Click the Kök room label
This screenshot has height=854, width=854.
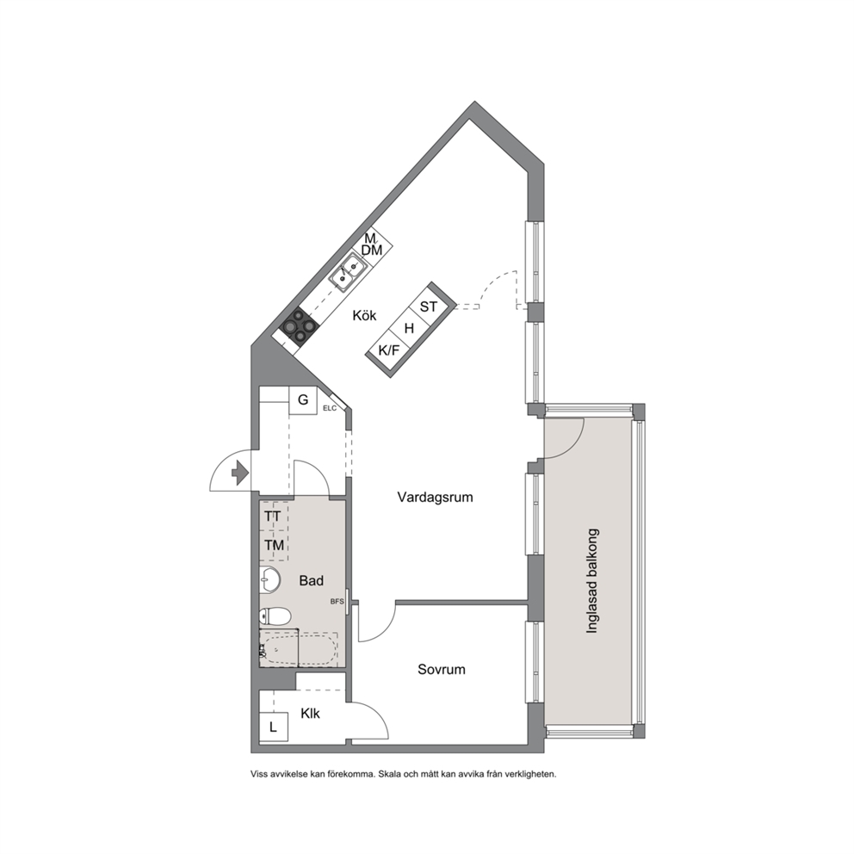(x=364, y=315)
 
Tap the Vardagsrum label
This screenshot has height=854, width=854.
(x=435, y=498)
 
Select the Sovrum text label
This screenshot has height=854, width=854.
(x=441, y=670)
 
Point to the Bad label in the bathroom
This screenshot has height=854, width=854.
(x=311, y=580)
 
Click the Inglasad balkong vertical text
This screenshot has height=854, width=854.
(x=592, y=580)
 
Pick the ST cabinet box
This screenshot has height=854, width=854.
(x=430, y=306)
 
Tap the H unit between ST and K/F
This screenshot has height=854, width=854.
(x=410, y=328)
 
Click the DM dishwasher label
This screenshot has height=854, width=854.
(x=372, y=251)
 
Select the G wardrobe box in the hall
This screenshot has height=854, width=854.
(x=303, y=400)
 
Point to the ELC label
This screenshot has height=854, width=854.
(x=330, y=408)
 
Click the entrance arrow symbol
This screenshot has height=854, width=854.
(x=240, y=473)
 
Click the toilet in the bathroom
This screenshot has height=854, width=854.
(x=275, y=616)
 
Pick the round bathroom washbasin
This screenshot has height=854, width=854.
(x=269, y=580)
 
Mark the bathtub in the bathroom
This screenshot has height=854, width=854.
(x=299, y=648)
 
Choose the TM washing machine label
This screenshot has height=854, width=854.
(x=274, y=545)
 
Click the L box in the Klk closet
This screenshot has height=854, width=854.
(x=274, y=727)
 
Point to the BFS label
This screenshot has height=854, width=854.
(x=337, y=602)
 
